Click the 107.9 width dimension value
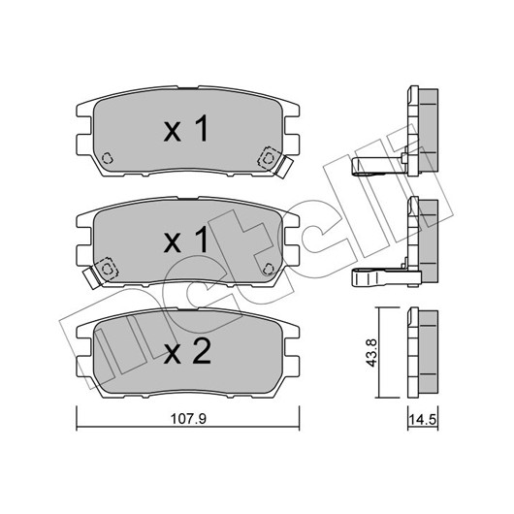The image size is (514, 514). (x=188, y=418)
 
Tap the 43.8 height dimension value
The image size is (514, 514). (x=372, y=353)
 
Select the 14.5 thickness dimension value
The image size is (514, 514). (x=423, y=420)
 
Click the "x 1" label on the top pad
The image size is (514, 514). (x=186, y=128)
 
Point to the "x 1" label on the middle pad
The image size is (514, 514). (x=186, y=240)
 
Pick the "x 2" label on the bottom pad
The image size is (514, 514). (x=187, y=350)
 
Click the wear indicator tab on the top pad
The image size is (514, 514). (x=283, y=168)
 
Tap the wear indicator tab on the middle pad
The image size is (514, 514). (x=92, y=278)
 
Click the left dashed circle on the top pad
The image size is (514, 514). (x=108, y=158)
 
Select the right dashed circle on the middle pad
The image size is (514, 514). (x=268, y=269)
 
